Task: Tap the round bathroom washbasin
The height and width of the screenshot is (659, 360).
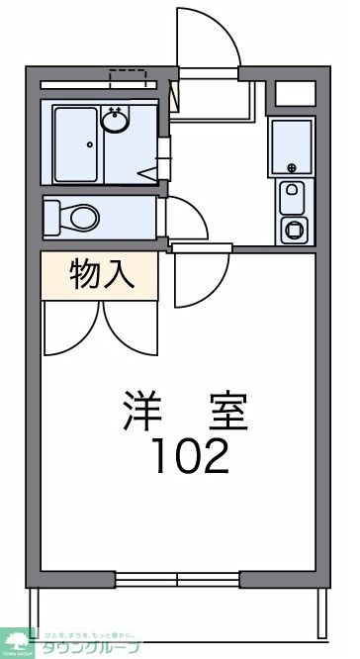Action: [116, 122]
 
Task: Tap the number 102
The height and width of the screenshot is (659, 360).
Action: [190, 454]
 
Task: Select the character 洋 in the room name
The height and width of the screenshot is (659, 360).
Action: [142, 410]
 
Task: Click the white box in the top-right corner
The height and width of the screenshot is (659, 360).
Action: [294, 94]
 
